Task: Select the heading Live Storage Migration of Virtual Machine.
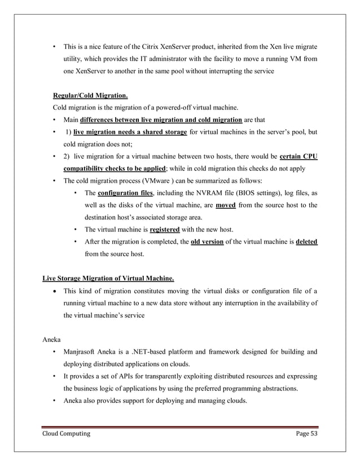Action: tap(108, 278)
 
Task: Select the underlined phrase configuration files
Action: tap(122, 193)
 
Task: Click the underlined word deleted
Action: tap(306, 242)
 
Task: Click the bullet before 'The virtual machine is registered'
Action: tap(76, 230)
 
